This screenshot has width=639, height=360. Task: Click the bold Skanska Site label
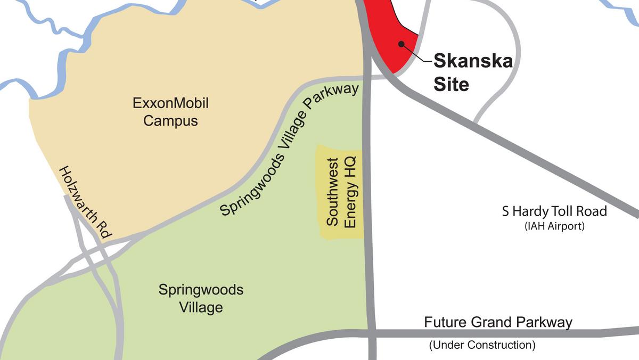point(473,72)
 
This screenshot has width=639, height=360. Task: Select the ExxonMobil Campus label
point(170,111)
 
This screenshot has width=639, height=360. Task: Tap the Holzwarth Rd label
point(85,202)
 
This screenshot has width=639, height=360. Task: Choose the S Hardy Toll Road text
point(554,211)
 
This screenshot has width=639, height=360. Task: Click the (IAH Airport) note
point(554,226)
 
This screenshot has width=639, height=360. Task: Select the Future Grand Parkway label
point(498,322)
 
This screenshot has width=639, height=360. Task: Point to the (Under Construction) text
point(482,345)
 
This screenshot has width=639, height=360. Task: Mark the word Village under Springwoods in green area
point(201,307)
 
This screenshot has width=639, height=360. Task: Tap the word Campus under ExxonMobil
point(170,121)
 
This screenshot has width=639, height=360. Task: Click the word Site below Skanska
point(451,84)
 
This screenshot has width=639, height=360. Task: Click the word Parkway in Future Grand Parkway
point(545,322)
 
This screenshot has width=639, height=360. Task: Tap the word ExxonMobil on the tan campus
point(170,103)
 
